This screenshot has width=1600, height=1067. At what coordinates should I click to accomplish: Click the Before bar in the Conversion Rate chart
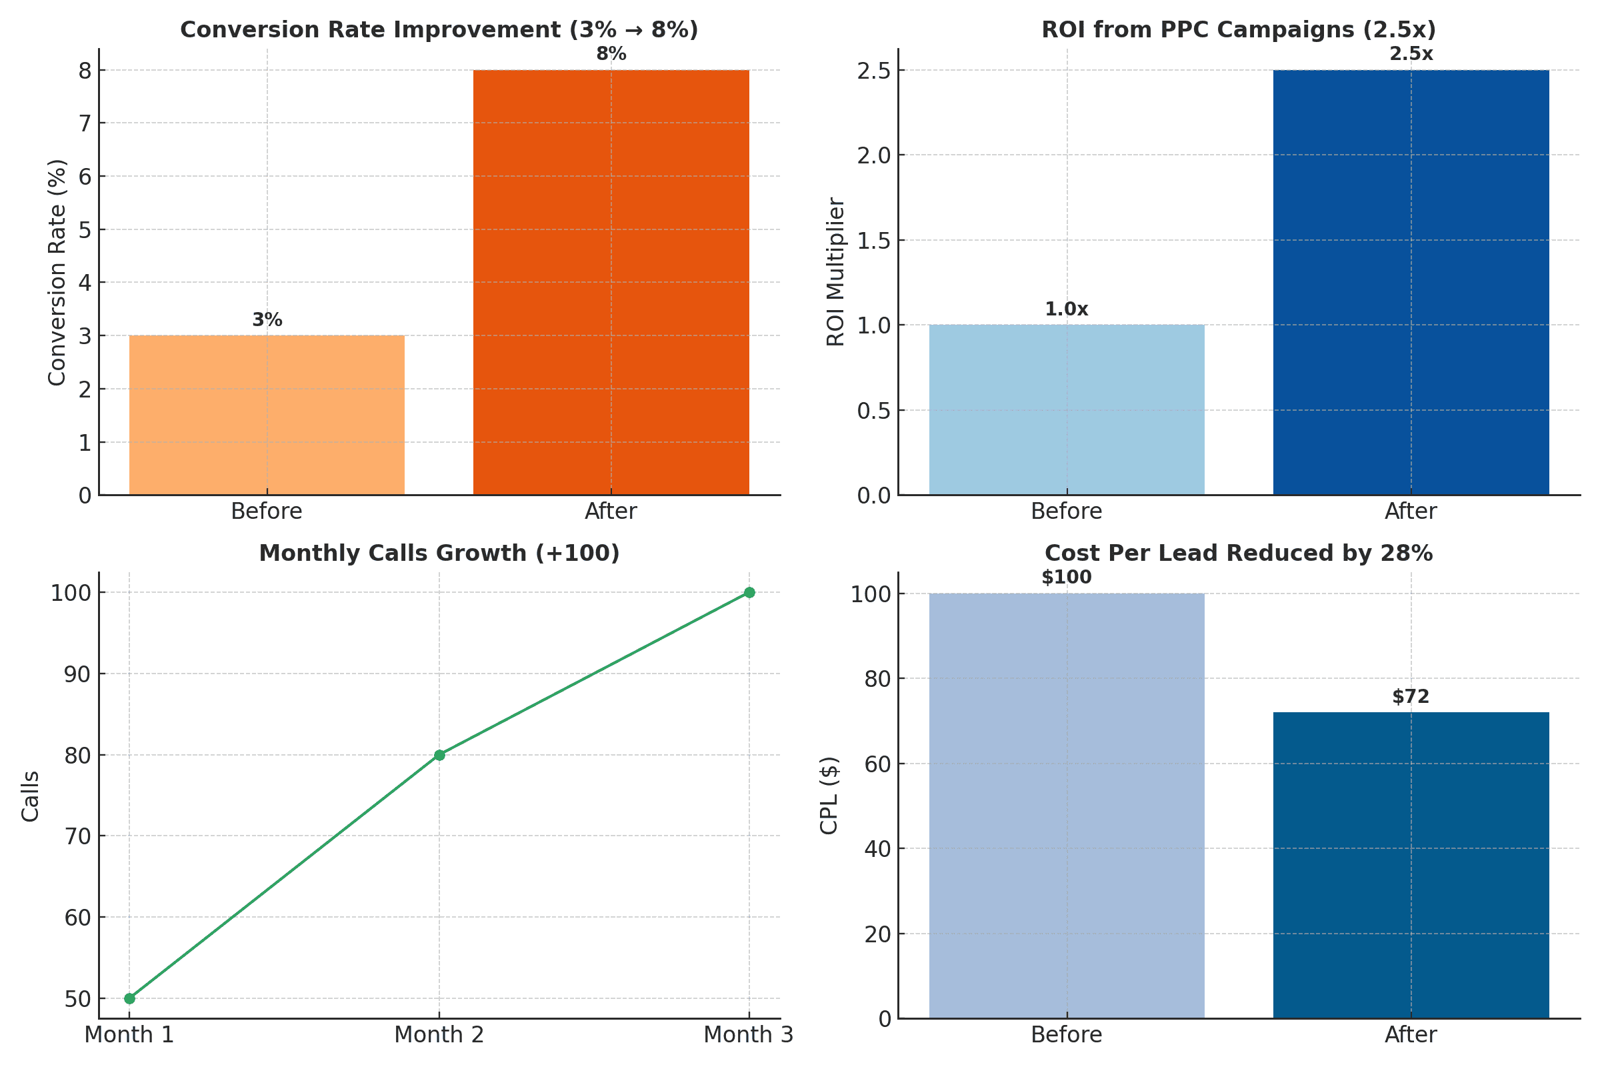click(267, 415)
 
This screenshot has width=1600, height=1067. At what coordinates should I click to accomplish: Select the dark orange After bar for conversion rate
click(611, 282)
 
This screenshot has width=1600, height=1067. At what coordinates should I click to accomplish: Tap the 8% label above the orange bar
click(611, 54)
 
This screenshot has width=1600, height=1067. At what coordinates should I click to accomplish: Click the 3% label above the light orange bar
click(267, 320)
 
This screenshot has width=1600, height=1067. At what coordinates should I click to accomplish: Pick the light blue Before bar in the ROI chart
click(1067, 409)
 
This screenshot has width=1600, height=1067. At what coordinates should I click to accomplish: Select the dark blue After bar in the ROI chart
click(1411, 282)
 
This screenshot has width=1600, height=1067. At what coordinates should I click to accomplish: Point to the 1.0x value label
click(1067, 309)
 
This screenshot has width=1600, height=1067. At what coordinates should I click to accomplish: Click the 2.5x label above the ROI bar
click(1411, 54)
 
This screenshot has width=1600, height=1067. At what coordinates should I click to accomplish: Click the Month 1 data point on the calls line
click(129, 998)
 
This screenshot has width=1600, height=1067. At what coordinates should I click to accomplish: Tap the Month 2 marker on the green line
click(439, 755)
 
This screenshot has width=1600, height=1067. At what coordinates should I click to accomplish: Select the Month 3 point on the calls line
click(749, 593)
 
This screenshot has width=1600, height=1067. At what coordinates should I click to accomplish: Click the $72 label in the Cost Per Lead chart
click(1411, 697)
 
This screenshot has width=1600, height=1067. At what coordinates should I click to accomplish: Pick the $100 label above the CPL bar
click(1067, 578)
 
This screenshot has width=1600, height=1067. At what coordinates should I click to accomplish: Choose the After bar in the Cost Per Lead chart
click(1411, 866)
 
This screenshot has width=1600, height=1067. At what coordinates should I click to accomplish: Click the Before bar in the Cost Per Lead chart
click(1067, 806)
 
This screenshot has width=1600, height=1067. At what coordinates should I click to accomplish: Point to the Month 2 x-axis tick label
click(439, 1035)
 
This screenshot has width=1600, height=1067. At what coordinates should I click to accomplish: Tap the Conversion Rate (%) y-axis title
click(57, 272)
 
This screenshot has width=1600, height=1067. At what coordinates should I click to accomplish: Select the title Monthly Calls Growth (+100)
click(439, 554)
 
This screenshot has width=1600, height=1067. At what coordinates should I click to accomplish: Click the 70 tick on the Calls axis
click(78, 836)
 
